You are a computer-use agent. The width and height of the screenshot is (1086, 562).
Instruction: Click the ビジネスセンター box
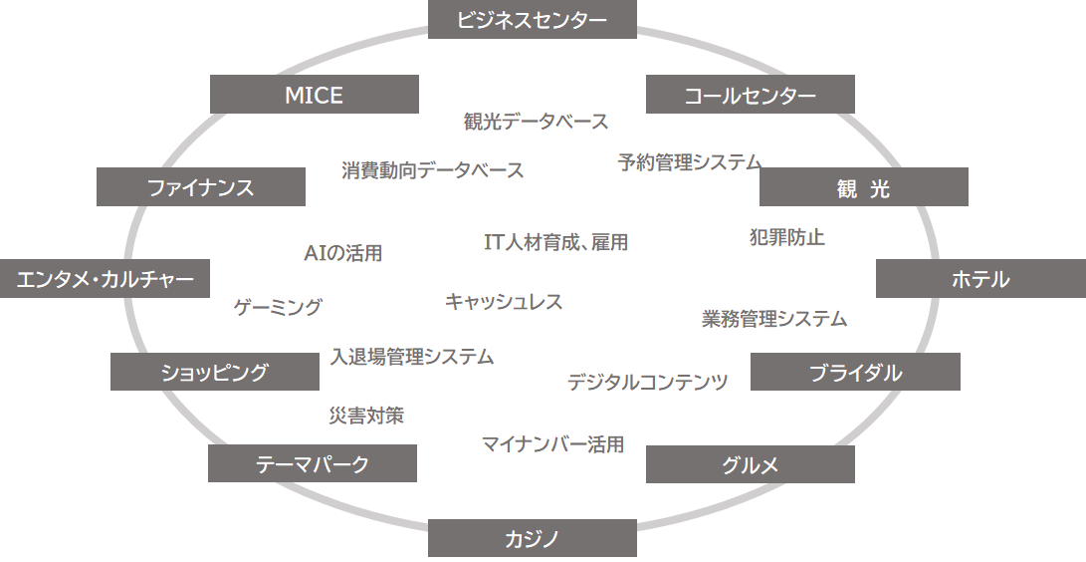pos(532,19)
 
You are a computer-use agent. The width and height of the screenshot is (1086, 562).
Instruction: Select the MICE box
pos(314,95)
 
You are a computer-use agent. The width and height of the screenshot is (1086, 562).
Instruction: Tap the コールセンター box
pos(750,95)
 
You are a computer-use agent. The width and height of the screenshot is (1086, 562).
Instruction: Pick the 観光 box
pos(863,187)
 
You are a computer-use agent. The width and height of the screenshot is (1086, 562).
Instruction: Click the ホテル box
pos(980,279)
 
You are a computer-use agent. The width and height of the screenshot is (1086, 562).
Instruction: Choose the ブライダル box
pos(855,373)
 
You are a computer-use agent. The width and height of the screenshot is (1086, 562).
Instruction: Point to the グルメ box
pos(750,464)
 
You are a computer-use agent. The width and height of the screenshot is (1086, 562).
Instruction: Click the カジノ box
pos(532,538)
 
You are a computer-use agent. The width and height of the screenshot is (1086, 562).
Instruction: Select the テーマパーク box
pos(312,463)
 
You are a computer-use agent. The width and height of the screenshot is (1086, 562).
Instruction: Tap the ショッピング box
pos(214,373)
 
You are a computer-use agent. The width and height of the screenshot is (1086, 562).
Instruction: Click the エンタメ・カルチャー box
pos(105,279)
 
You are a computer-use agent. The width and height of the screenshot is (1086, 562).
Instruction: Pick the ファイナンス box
pos(200,187)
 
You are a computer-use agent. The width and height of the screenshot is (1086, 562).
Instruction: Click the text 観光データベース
pos(536,122)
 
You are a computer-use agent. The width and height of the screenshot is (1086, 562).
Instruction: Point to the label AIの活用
pos(342,253)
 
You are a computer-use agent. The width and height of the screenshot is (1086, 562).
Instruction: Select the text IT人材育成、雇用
pos(555,242)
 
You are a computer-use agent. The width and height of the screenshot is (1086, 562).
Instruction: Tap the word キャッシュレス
pos(504,302)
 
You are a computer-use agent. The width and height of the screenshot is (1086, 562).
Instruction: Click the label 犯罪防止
pos(786,238)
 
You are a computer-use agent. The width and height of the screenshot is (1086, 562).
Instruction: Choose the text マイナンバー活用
pos(552,444)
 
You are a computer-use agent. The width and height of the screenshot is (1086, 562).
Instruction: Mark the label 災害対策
pos(366,416)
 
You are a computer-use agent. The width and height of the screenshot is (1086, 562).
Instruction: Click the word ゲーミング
pos(278,307)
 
